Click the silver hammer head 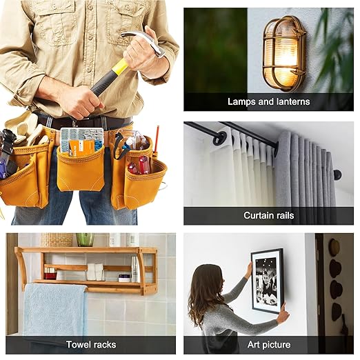click(145, 43)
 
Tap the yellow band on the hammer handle click(119, 67)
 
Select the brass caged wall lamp click(284, 53)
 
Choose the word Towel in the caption click(77, 344)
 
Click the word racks click(104, 344)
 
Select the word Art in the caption click(254, 344)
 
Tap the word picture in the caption click(277, 345)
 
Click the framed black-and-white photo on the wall click(268, 281)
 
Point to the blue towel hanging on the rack click(55, 309)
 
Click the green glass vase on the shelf click(85, 239)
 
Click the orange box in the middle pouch click(81, 148)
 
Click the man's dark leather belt click(85, 122)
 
